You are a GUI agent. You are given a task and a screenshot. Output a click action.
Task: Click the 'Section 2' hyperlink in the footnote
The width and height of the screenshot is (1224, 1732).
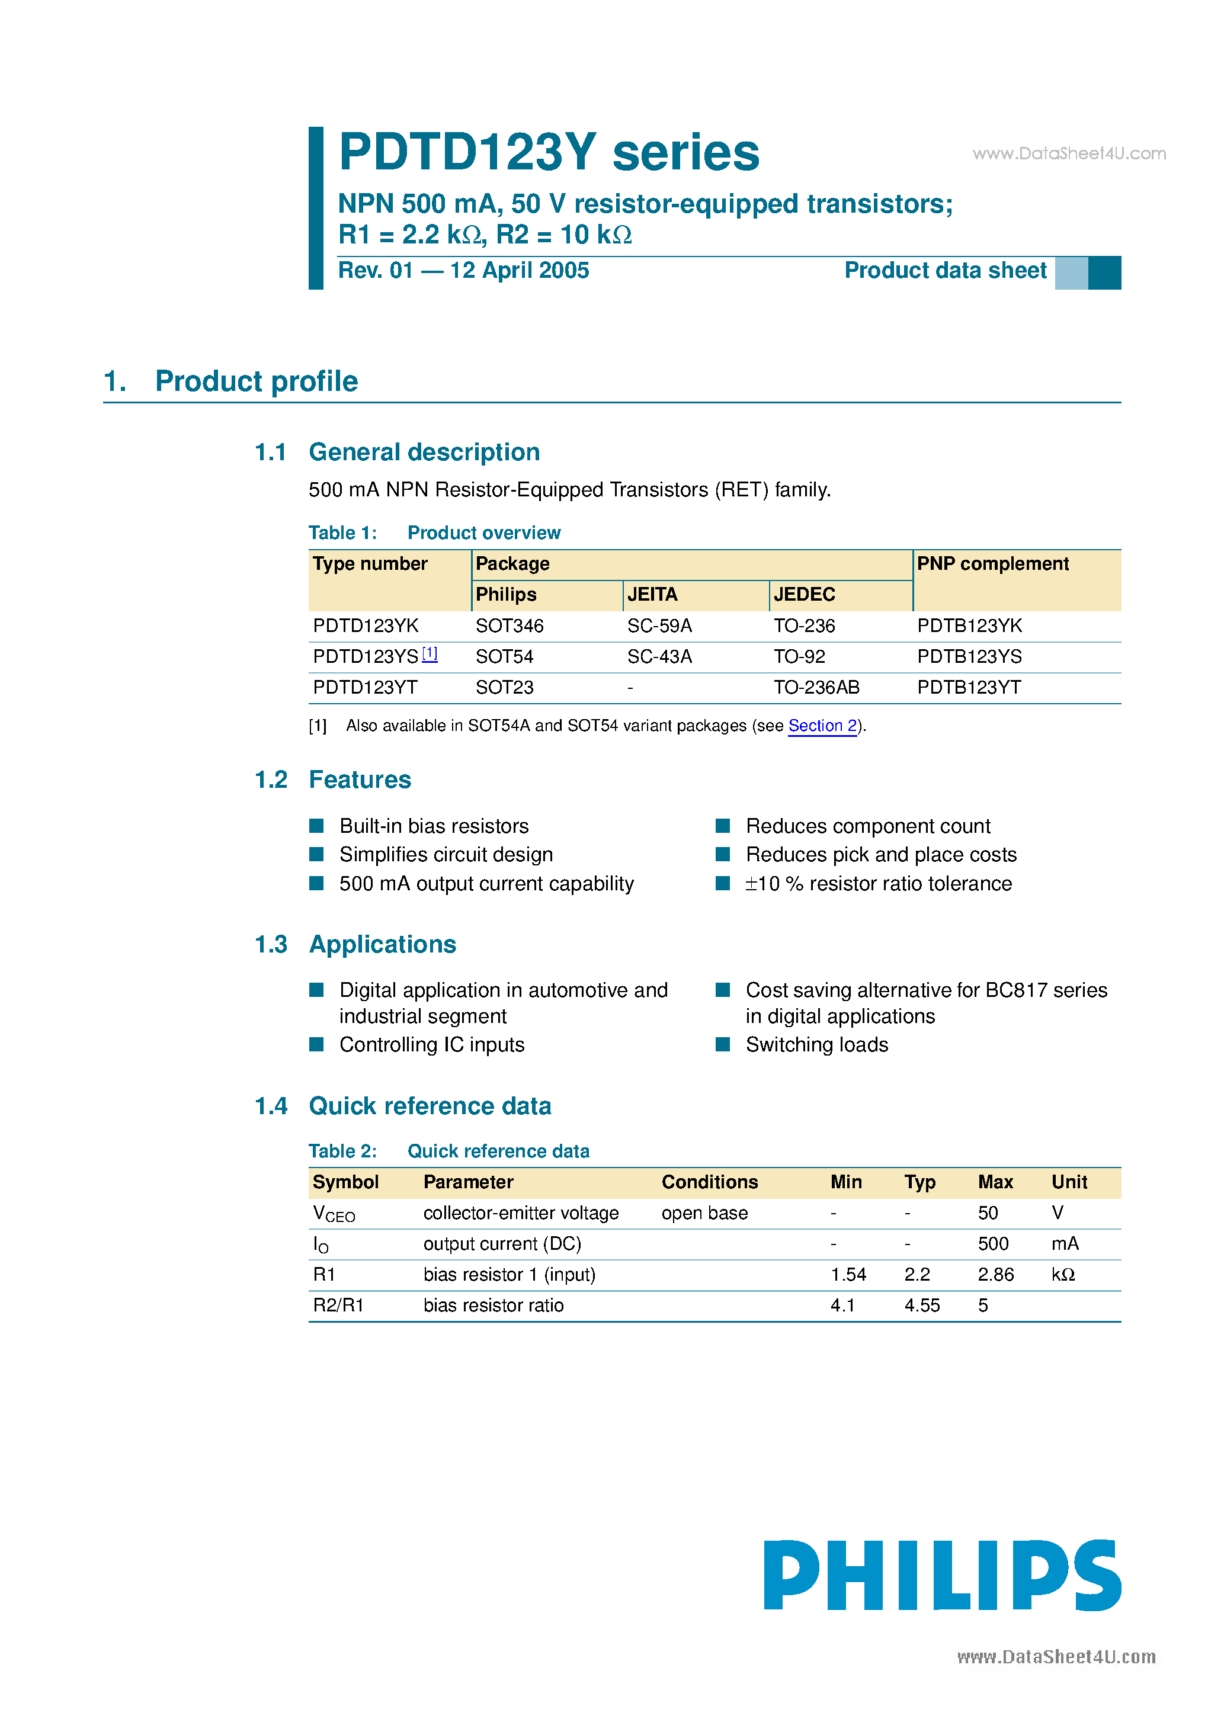[x=822, y=726]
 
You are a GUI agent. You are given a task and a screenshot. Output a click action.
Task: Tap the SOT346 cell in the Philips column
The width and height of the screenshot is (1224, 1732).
[x=510, y=626]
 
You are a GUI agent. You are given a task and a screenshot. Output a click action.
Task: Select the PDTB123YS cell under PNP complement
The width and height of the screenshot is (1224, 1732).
[x=969, y=657]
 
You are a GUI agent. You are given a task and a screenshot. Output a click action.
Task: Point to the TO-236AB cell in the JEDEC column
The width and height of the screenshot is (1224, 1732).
[x=816, y=688]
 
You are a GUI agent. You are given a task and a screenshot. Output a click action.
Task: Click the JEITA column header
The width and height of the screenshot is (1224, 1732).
[x=652, y=595]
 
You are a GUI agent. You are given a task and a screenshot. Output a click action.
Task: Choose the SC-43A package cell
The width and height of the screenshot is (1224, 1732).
[x=659, y=657]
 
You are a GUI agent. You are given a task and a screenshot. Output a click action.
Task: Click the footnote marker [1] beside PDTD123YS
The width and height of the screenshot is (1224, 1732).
[x=430, y=653]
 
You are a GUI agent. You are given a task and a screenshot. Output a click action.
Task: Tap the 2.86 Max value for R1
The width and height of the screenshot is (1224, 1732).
[x=995, y=1275]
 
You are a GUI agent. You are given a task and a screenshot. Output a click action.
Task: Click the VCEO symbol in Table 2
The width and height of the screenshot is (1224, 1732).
[x=333, y=1214]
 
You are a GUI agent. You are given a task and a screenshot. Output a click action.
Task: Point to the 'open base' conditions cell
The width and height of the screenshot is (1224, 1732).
[x=704, y=1213]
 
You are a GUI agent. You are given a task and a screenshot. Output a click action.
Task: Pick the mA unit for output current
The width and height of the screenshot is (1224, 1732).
[x=1065, y=1244]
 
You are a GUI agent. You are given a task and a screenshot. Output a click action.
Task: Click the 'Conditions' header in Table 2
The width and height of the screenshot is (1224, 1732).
[x=709, y=1182]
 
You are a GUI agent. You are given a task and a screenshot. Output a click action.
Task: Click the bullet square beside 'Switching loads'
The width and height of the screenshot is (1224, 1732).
[x=723, y=1045]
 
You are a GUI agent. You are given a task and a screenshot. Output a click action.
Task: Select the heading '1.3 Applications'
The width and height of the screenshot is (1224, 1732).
[x=355, y=944]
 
